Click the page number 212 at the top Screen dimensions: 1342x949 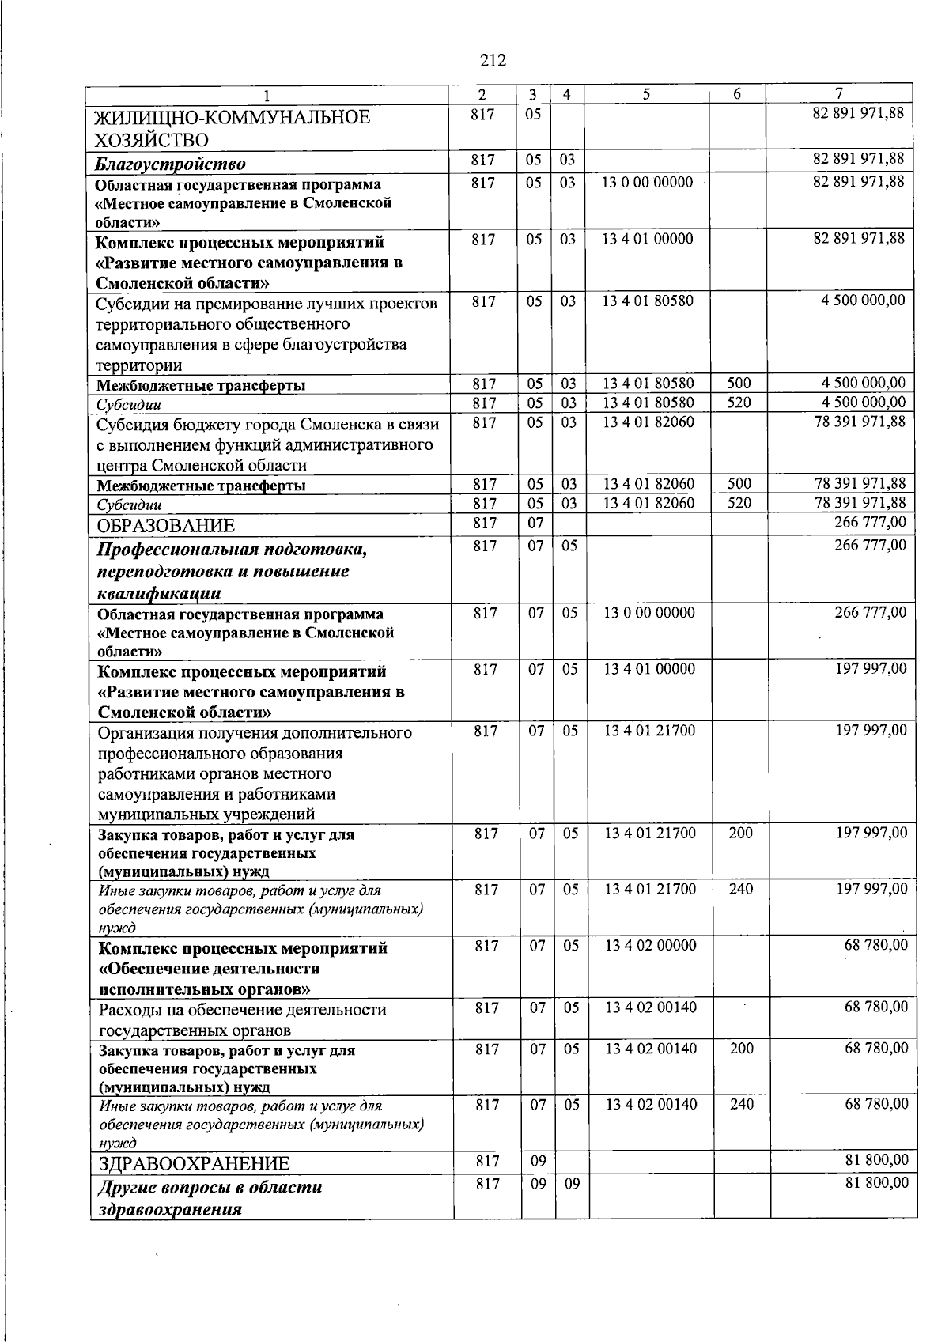[492, 61]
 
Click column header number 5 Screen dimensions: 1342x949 [646, 94]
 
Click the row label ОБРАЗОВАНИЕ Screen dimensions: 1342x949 [166, 526]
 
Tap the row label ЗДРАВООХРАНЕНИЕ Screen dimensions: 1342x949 [194, 1163]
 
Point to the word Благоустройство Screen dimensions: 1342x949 [170, 164]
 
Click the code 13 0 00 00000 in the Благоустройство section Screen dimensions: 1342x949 [647, 183]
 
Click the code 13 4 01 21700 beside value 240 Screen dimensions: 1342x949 [650, 889]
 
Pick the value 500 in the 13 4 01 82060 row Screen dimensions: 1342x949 [739, 483]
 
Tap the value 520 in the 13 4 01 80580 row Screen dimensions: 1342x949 [739, 403]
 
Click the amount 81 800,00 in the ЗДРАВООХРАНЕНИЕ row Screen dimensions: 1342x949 [876, 1160]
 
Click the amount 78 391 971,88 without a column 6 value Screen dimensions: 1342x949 [860, 422]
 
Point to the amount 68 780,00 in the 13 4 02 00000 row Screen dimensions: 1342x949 [876, 945]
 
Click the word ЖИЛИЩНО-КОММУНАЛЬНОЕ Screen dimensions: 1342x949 [233, 118]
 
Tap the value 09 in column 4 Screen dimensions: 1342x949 [572, 1184]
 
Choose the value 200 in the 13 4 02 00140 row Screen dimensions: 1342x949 [741, 1049]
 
